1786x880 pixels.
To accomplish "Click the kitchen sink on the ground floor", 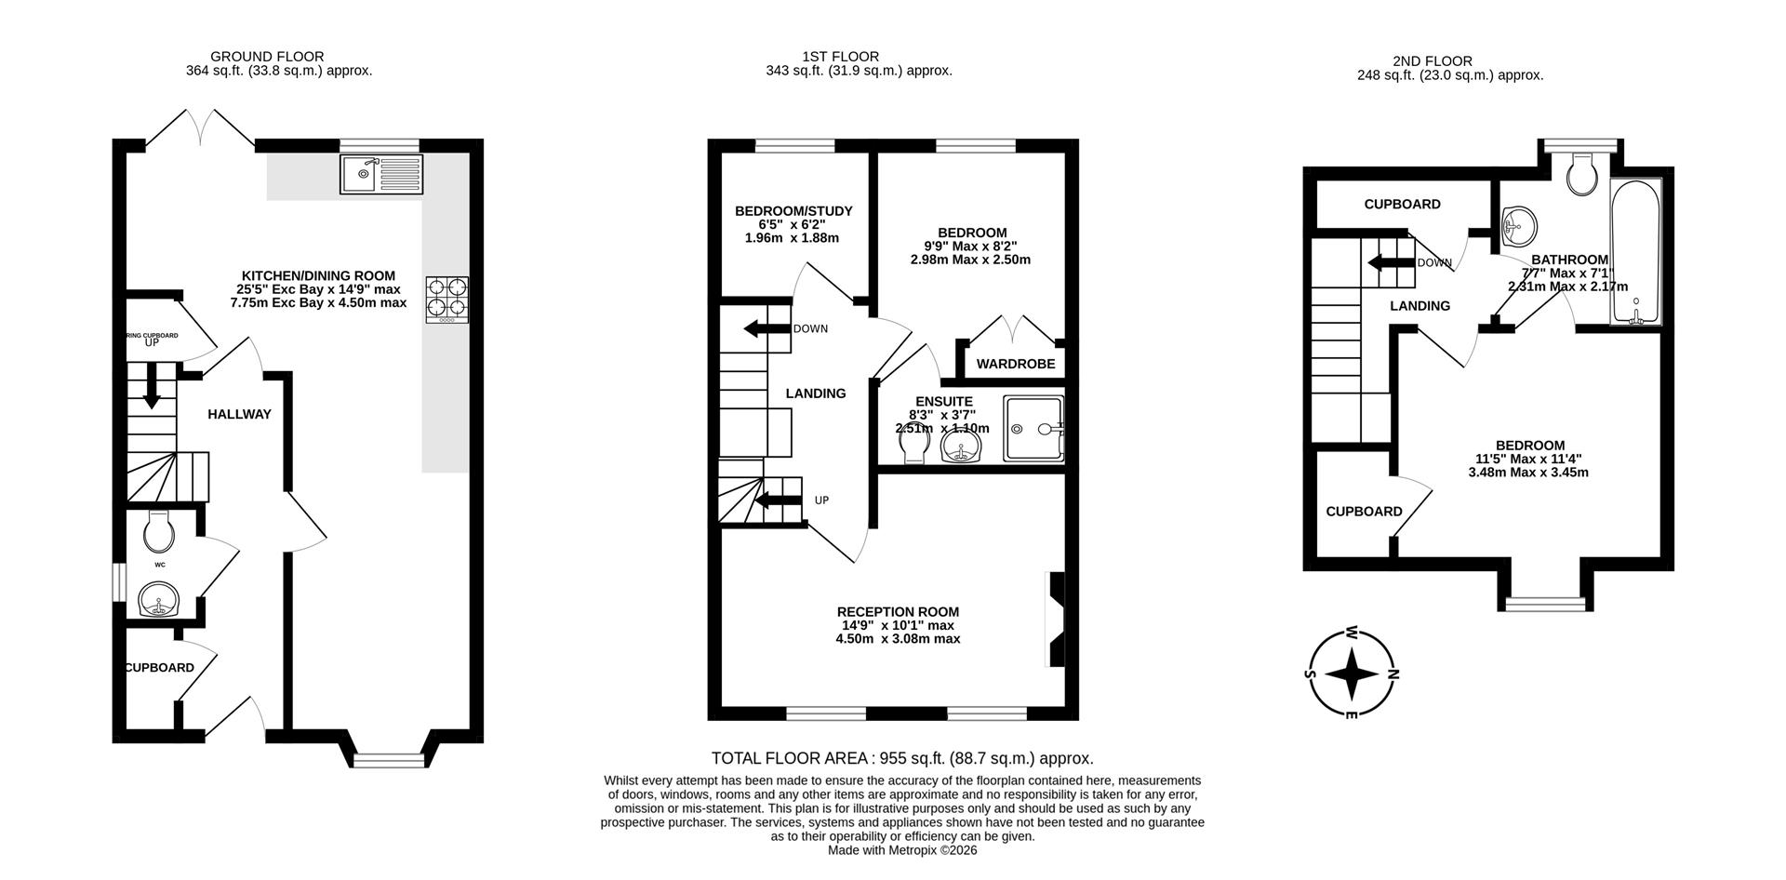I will point(380,174).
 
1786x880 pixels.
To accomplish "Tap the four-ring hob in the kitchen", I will point(447,300).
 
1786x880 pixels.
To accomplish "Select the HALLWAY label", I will point(239,414).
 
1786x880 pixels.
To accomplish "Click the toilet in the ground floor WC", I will point(159,533).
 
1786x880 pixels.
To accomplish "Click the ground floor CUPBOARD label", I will point(160,668).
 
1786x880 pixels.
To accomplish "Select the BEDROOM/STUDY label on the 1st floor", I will point(793,211).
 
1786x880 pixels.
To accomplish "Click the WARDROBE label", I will point(1016,364).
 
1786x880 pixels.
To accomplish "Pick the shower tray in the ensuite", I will point(1033,429).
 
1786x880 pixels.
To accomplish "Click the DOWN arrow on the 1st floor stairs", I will point(766,328).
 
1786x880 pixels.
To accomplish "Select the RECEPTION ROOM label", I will point(898,612).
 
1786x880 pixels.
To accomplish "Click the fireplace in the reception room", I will point(1056,619).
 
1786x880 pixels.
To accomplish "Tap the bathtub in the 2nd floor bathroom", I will point(1636,251).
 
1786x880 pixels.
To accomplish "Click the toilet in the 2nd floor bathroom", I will point(1581,174).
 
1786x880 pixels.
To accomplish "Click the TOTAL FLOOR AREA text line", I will point(901,759).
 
